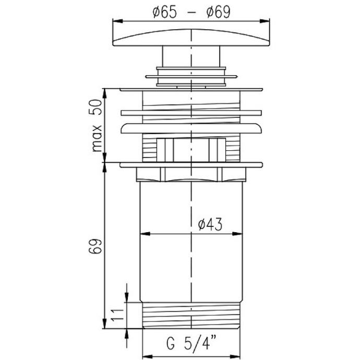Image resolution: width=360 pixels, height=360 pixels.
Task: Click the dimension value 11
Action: point(117,315)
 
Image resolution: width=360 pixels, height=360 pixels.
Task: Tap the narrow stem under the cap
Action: point(191,56)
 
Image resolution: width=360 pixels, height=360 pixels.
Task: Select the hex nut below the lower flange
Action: point(191,175)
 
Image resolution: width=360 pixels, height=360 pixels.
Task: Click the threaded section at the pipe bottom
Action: point(191,315)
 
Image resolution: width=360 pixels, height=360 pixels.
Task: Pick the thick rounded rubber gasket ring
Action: point(191,129)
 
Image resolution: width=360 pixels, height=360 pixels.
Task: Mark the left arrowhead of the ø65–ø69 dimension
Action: point(117,21)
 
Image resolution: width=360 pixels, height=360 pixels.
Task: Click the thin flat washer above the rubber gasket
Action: point(191,112)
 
